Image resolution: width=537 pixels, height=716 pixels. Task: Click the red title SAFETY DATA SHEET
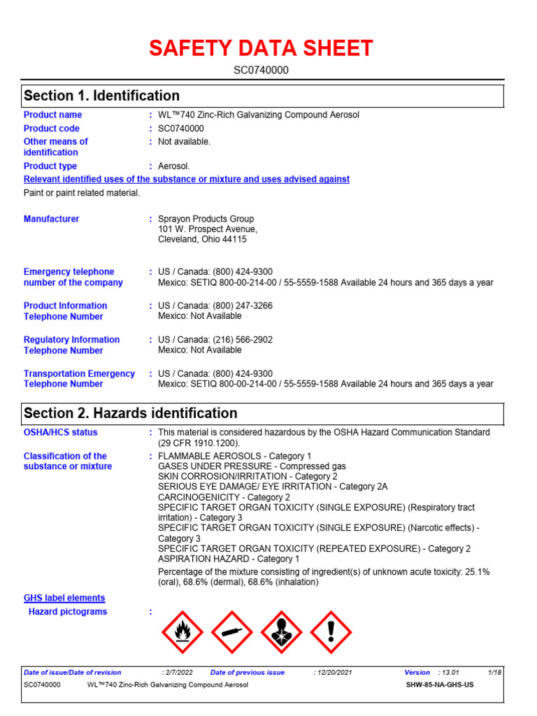[x=261, y=48]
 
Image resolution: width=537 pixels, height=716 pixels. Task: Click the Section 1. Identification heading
[x=102, y=96]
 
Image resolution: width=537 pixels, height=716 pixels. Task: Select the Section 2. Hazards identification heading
[x=131, y=413]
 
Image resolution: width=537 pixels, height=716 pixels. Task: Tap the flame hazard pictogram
[x=182, y=632]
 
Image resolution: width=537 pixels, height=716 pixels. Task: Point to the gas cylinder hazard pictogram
[x=232, y=632]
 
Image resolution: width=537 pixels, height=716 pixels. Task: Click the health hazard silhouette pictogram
[x=282, y=632]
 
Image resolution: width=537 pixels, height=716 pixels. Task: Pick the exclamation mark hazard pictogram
[x=331, y=632]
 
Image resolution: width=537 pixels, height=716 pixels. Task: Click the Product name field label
[x=52, y=115]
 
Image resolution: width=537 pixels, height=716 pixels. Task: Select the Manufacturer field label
[x=51, y=219]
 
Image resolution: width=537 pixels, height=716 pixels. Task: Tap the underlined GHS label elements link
[x=64, y=598]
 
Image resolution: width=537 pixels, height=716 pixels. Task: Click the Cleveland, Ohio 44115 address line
[x=203, y=239]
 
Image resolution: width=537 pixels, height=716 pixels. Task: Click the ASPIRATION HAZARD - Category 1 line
[x=229, y=559]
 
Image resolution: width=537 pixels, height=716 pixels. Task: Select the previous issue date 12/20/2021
[x=335, y=673]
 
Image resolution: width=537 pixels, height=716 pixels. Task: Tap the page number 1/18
[x=495, y=673]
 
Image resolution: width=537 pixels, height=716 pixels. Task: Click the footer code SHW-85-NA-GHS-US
[x=440, y=685]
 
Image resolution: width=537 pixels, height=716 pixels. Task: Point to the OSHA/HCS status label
[x=61, y=432]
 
